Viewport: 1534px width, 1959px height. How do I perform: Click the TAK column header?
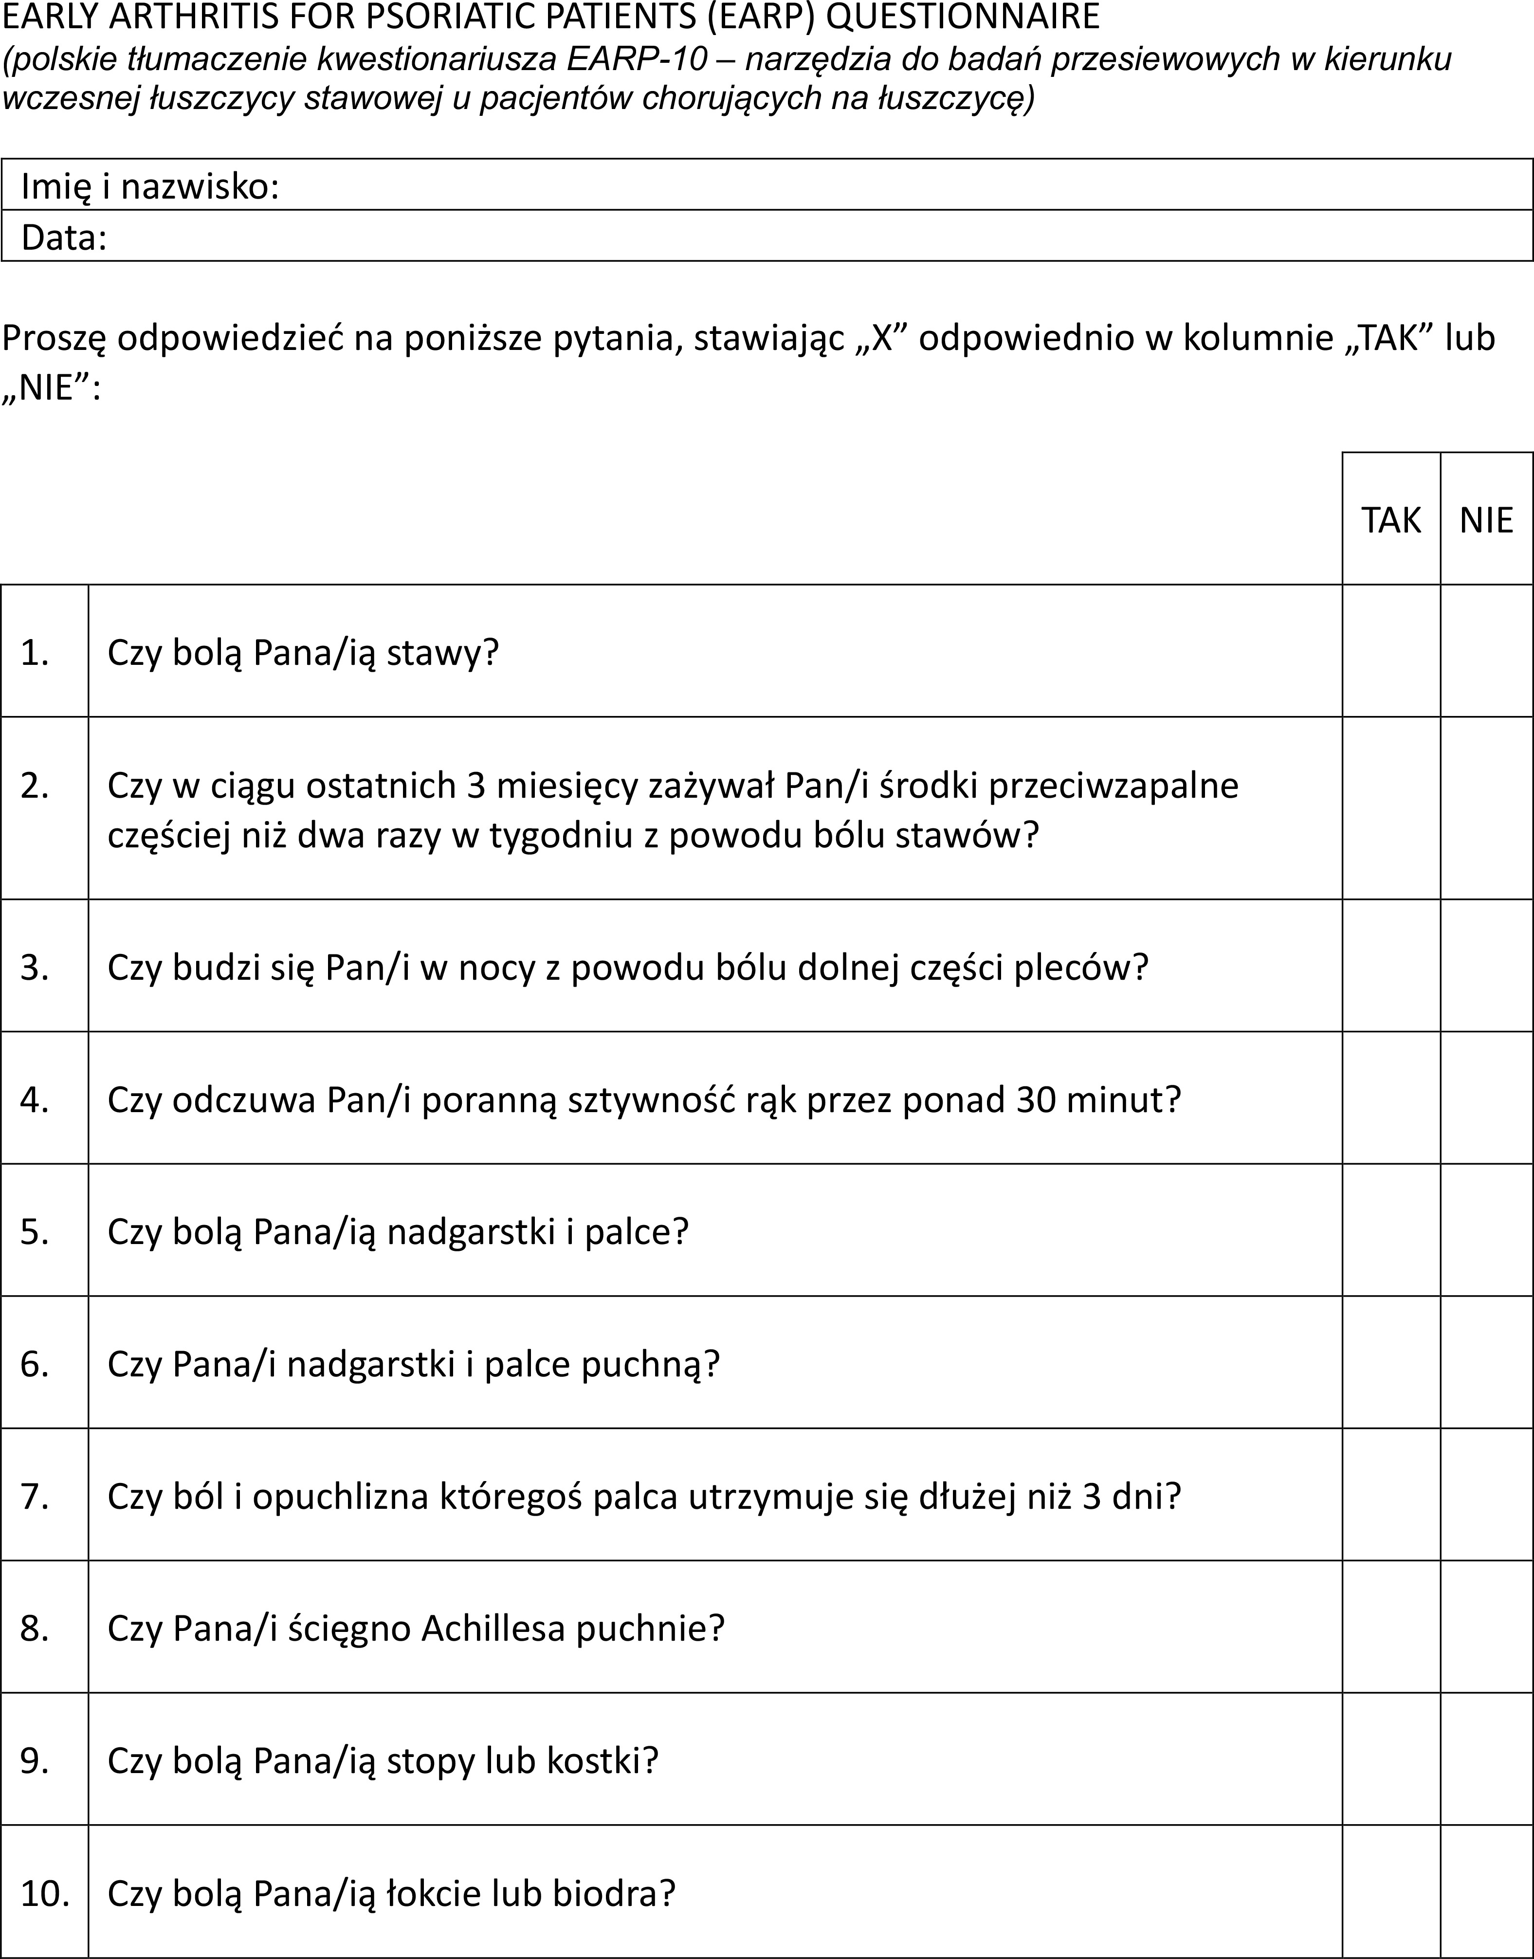coord(1391,520)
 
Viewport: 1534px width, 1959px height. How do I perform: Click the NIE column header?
coord(1486,520)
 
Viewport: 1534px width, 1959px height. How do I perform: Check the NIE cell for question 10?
coord(1486,1893)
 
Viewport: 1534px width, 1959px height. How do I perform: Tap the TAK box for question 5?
coord(1391,1230)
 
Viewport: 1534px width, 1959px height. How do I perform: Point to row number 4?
coord(35,1099)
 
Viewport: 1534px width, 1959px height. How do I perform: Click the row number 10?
coord(45,1893)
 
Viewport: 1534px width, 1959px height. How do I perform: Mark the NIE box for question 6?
coord(1486,1363)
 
